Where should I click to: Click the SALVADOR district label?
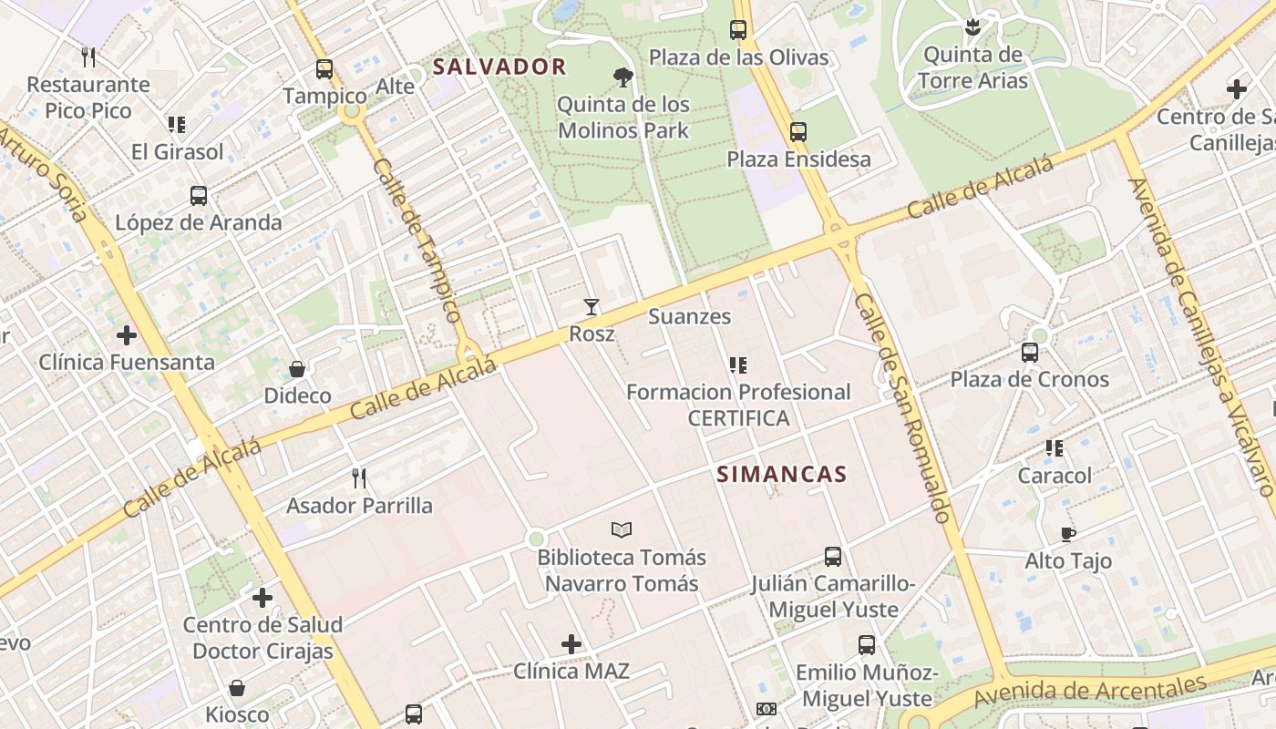pyautogui.click(x=499, y=67)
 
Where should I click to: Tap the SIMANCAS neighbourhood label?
pyautogui.click(x=782, y=474)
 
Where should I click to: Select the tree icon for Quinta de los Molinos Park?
pyautogui.click(x=623, y=77)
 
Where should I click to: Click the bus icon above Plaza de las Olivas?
pyautogui.click(x=738, y=30)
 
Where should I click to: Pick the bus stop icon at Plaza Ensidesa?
pyautogui.click(x=798, y=132)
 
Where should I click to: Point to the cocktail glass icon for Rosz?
pyautogui.click(x=592, y=307)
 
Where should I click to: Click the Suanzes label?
pyautogui.click(x=689, y=316)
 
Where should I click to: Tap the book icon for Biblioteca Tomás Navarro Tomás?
pyautogui.click(x=622, y=529)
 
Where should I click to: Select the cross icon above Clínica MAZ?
pyautogui.click(x=571, y=644)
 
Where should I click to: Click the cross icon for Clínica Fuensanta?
pyautogui.click(x=127, y=335)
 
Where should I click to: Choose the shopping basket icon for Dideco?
pyautogui.click(x=297, y=369)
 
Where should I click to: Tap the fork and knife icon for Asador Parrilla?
pyautogui.click(x=359, y=477)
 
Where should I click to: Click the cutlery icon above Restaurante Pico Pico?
pyautogui.click(x=88, y=57)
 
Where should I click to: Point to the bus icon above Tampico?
pyautogui.click(x=324, y=69)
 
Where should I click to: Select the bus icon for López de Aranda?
pyautogui.click(x=199, y=195)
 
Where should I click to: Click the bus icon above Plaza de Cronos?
pyautogui.click(x=1030, y=352)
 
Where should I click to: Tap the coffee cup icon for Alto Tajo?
pyautogui.click(x=1068, y=534)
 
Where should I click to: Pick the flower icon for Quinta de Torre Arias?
pyautogui.click(x=972, y=28)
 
